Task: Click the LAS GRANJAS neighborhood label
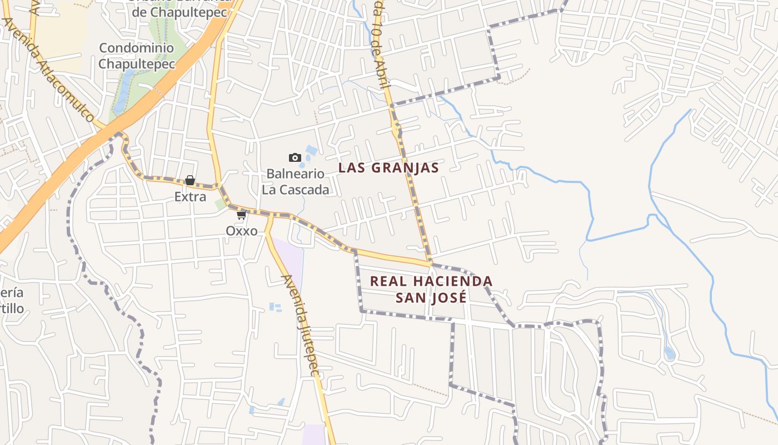[388, 167]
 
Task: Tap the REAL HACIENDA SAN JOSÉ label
[431, 289]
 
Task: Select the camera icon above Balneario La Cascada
[295, 158]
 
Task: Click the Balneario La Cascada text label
[295, 181]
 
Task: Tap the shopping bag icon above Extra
[190, 180]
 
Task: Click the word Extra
[190, 196]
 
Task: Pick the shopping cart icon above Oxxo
[241, 215]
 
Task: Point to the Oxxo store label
[241, 230]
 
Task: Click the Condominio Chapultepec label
[137, 56]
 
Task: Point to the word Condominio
[137, 48]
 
